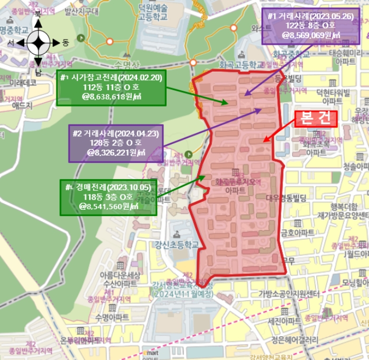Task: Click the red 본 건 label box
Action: click(x=316, y=119)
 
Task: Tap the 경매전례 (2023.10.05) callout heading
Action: click(x=108, y=187)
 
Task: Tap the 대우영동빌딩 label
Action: click(x=286, y=198)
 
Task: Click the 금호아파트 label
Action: click(x=298, y=232)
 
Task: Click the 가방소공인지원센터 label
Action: click(x=289, y=294)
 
